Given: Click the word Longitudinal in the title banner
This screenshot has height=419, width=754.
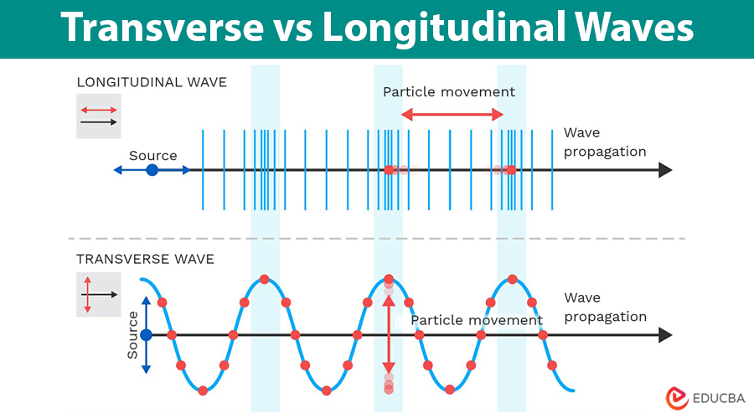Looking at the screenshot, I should [x=436, y=29].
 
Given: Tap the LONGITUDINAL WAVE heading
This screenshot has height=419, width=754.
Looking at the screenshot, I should [x=152, y=82].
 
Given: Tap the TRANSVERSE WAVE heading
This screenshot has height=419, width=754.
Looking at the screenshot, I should [x=145, y=259].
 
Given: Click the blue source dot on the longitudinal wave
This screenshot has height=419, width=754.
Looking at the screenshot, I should [x=152, y=170].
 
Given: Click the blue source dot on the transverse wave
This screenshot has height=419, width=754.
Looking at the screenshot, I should [x=146, y=334].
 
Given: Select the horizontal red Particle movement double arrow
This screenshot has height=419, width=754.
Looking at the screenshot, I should [x=452, y=115].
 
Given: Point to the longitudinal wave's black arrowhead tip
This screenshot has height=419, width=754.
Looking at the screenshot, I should [x=670, y=170].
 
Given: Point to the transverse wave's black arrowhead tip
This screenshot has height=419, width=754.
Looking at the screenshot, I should [x=670, y=334].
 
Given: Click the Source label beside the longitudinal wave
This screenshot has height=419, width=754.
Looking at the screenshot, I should [x=152, y=155].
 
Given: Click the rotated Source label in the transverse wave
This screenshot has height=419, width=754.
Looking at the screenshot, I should [x=132, y=335].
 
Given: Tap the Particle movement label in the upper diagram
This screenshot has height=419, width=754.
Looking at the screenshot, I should [x=449, y=92].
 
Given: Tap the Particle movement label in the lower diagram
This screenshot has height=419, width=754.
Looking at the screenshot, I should [x=476, y=320].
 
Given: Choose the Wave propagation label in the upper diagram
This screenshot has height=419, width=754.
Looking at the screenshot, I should [x=605, y=142].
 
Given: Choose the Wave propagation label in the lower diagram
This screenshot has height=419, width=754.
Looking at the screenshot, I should [x=605, y=307].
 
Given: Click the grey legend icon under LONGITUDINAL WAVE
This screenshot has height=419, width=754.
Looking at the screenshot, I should [x=99, y=116].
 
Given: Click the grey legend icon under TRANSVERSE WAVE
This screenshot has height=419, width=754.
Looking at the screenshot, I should [x=99, y=295].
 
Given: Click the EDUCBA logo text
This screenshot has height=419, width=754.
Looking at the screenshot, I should [x=714, y=398].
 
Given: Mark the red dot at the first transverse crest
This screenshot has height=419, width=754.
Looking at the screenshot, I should [x=265, y=279].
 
